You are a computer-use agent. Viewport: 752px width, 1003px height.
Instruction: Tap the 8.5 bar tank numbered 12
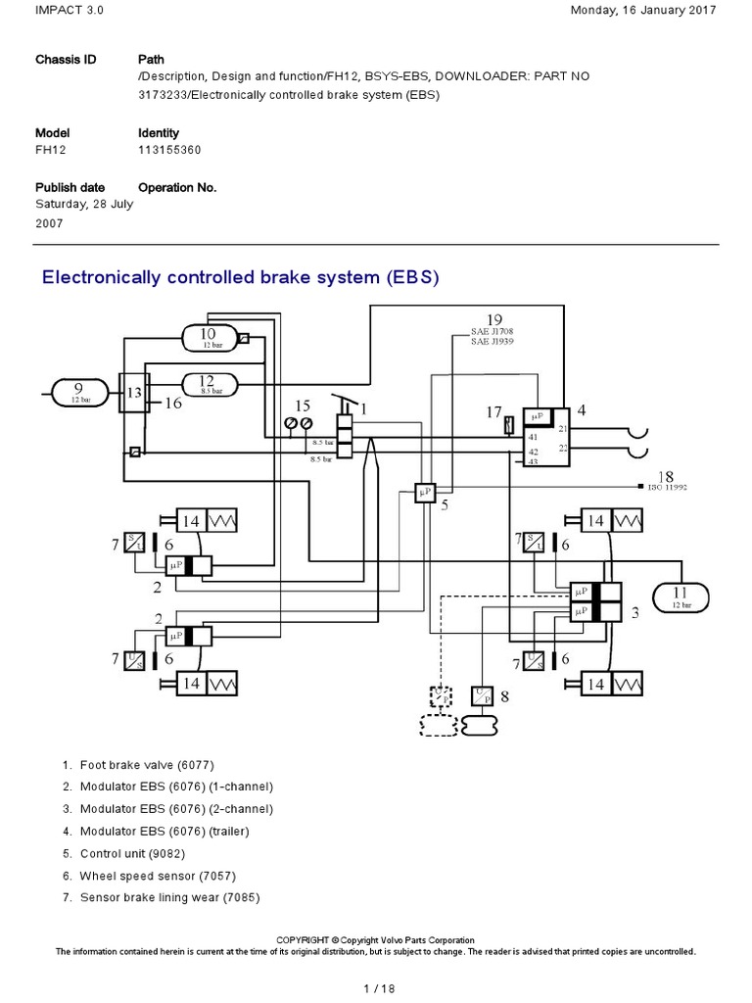(x=209, y=385)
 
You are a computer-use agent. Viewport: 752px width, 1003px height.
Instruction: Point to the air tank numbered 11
(x=680, y=596)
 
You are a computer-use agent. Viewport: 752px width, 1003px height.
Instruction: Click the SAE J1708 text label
(x=493, y=333)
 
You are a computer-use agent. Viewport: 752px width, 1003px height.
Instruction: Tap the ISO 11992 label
(x=671, y=487)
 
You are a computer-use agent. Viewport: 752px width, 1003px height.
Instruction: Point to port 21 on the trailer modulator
(x=562, y=428)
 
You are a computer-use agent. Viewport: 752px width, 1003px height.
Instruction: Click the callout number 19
(x=494, y=318)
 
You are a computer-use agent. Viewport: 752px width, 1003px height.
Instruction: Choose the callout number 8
(x=505, y=697)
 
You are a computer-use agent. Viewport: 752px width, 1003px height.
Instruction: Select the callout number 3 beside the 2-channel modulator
(x=635, y=613)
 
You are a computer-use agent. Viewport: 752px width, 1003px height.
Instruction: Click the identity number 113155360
(x=172, y=150)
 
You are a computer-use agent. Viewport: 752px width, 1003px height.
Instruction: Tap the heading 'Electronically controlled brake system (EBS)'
(x=241, y=277)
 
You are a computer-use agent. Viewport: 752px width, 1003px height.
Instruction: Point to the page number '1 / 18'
(x=376, y=988)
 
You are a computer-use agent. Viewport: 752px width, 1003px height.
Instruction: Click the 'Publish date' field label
(x=70, y=187)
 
